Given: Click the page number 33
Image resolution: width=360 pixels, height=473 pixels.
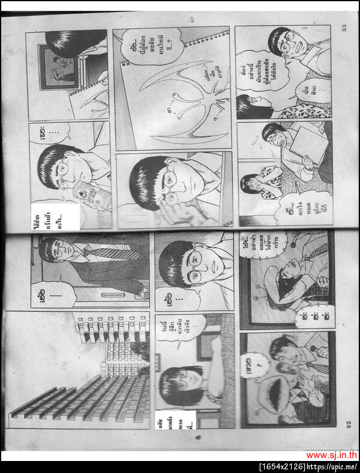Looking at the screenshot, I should point(344,28).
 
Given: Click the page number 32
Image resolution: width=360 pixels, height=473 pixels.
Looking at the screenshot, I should point(349,424).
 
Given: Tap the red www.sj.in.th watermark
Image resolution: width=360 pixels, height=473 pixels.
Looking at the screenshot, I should point(331,456).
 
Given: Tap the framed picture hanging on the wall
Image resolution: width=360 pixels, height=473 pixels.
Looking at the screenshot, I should point(58,65).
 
